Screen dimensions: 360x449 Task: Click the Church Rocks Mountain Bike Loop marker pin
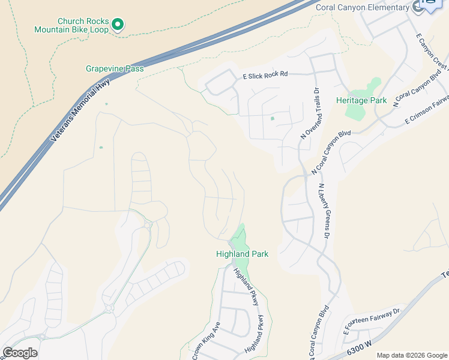(x=118, y=25)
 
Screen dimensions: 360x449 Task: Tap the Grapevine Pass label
(x=115, y=69)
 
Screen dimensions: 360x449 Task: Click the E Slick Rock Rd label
(x=265, y=75)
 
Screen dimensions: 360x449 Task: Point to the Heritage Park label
(x=361, y=101)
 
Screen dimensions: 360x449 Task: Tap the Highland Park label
(x=242, y=254)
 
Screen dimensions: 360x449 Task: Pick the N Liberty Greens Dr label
(x=325, y=212)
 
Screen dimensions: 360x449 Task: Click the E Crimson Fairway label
(x=427, y=112)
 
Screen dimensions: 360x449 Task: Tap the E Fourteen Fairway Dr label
(x=372, y=322)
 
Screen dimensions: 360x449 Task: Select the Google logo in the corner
(x=20, y=353)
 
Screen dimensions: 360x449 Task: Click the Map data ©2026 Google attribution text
(x=412, y=355)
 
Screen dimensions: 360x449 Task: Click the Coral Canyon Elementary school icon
(x=418, y=7)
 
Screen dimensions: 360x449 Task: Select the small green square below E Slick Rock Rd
(x=272, y=118)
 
